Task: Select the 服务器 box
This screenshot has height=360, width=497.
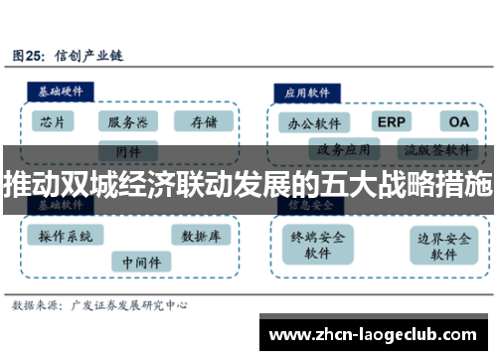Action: point(128,122)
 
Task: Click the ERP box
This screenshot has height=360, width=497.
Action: point(391,121)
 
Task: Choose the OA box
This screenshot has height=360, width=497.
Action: point(456,121)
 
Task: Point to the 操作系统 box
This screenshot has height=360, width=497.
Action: point(66,237)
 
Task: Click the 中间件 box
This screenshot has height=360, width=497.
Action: point(140,261)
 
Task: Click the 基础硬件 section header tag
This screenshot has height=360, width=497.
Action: point(61,90)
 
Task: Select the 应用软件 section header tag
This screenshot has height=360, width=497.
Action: point(308,91)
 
